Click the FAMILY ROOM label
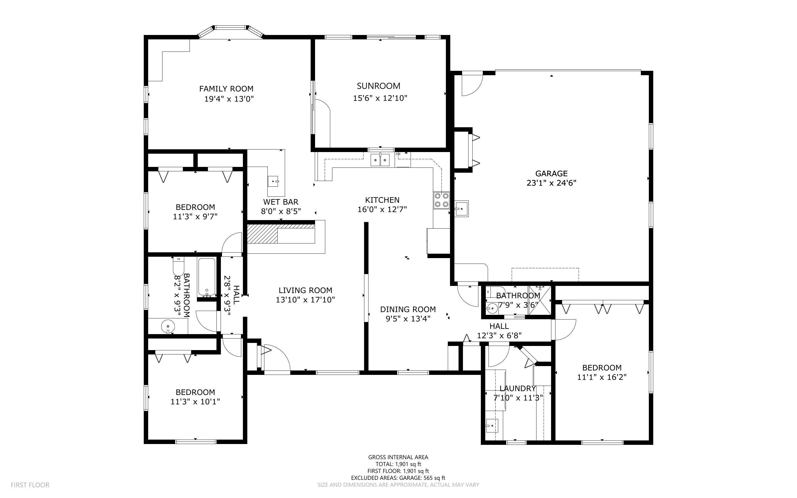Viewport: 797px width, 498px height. pyautogui.click(x=226, y=89)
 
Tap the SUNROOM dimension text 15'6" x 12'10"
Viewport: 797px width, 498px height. pyautogui.click(x=380, y=98)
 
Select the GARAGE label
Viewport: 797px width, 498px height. pyautogui.click(x=551, y=173)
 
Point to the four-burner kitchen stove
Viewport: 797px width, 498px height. pyautogui.click(x=441, y=200)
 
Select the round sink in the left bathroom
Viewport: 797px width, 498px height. pyautogui.click(x=168, y=326)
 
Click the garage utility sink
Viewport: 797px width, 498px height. pyautogui.click(x=461, y=209)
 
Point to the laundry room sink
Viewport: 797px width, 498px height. pyautogui.click(x=492, y=425)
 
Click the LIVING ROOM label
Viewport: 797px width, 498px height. pyautogui.click(x=305, y=290)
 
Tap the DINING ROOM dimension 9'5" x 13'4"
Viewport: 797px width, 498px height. pyautogui.click(x=408, y=318)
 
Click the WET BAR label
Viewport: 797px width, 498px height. pyautogui.click(x=281, y=202)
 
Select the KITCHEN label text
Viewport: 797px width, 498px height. pyautogui.click(x=382, y=200)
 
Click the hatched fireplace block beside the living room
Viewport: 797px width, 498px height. pyautogui.click(x=262, y=234)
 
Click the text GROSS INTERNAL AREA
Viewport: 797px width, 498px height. pyautogui.click(x=398, y=457)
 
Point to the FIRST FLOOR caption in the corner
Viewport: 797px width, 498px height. pyautogui.click(x=30, y=485)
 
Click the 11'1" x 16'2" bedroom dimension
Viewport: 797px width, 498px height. pyautogui.click(x=602, y=377)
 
